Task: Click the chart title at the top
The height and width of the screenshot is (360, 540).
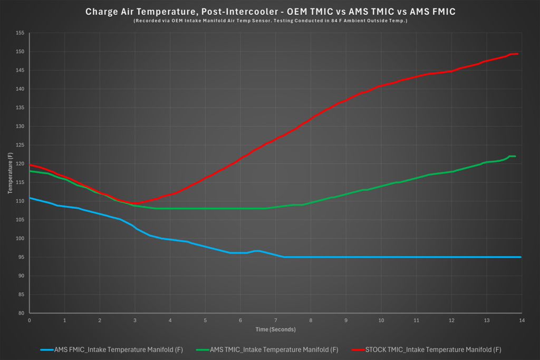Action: [x=269, y=11]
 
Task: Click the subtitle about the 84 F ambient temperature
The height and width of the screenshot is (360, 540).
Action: [x=270, y=21]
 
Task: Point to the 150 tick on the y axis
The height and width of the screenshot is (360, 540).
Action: [x=20, y=52]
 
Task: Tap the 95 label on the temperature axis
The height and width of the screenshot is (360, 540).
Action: [x=21, y=257]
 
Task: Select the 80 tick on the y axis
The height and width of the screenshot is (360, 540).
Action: [x=21, y=313]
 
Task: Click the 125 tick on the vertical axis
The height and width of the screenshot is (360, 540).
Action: [x=20, y=145]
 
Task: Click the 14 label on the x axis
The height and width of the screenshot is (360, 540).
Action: [x=522, y=320]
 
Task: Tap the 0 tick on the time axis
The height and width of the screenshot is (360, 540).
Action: [x=30, y=320]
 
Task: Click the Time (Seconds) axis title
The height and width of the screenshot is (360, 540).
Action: [x=275, y=329]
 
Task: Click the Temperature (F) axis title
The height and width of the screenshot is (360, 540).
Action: [x=10, y=173]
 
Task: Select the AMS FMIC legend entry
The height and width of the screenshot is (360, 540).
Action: [x=111, y=349]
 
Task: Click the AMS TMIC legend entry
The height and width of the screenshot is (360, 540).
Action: [x=267, y=349]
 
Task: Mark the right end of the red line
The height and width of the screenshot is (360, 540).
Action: [x=518, y=54]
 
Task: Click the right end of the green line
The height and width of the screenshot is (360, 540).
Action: [x=515, y=157]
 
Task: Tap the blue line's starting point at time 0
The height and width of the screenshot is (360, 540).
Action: [x=30, y=198]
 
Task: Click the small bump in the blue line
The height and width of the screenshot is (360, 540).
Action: [x=257, y=251]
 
